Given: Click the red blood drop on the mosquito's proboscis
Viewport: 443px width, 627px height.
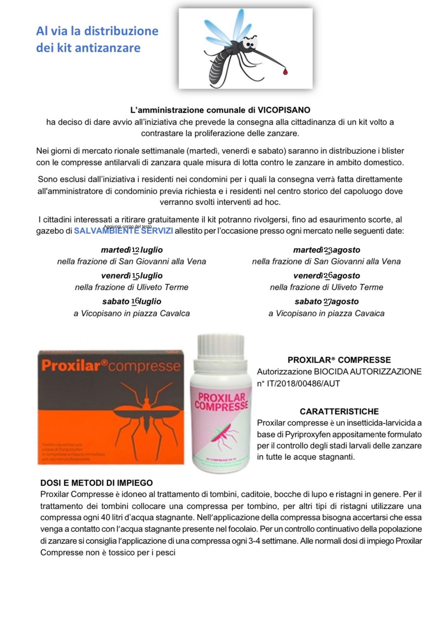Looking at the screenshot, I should [x=285, y=72].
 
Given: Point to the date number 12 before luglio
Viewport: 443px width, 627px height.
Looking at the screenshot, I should [x=135, y=250].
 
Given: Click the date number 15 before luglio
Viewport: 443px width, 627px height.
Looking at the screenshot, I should [x=136, y=276].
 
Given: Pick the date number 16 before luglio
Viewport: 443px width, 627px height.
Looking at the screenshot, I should [x=135, y=301].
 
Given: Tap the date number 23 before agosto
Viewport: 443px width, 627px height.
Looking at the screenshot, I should [x=328, y=250].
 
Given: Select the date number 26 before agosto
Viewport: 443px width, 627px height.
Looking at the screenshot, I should [x=328, y=275].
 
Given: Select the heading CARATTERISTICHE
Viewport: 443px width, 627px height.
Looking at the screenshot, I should [x=339, y=411].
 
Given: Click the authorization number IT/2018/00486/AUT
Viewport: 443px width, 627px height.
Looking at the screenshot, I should [x=303, y=384].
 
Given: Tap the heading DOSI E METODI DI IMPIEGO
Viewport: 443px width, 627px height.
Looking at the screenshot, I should [x=97, y=483].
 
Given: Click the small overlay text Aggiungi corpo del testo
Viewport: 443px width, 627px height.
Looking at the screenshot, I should [x=128, y=226].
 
